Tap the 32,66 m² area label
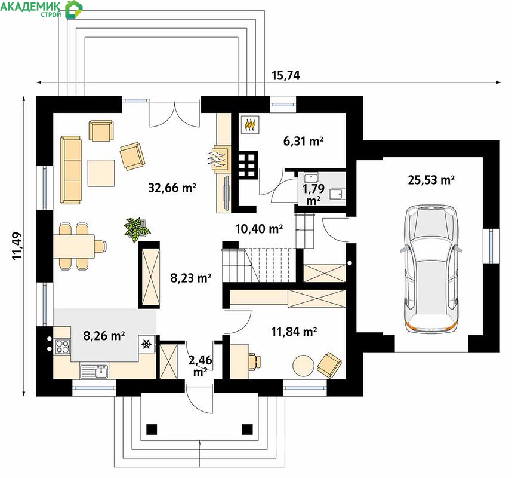pyautogui.click(x=172, y=188)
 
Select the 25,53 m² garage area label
pyautogui.click(x=431, y=180)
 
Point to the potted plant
pyautogui.click(x=137, y=230)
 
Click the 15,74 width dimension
pyautogui.click(x=286, y=75)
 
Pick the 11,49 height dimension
pyautogui.click(x=17, y=246)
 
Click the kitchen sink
pyautogui.click(x=94, y=372)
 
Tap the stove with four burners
pyautogui.click(x=62, y=347)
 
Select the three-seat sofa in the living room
pyautogui.click(x=71, y=170)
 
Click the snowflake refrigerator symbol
pyautogui.click(x=146, y=344)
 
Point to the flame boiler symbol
pyautogui.click(x=250, y=124)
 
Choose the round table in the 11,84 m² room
pyautogui.click(x=303, y=366)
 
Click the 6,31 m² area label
pyautogui.click(x=303, y=141)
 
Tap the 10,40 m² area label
pyautogui.click(x=259, y=228)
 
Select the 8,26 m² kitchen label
pyautogui.click(x=104, y=335)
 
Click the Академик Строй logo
pyautogui.click(x=41, y=9)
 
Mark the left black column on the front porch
pyautogui.click(x=152, y=429)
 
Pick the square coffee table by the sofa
pyautogui.click(x=101, y=173)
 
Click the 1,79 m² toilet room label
pyautogui.click(x=313, y=194)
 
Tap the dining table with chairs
pyautogui.click(x=80, y=246)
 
